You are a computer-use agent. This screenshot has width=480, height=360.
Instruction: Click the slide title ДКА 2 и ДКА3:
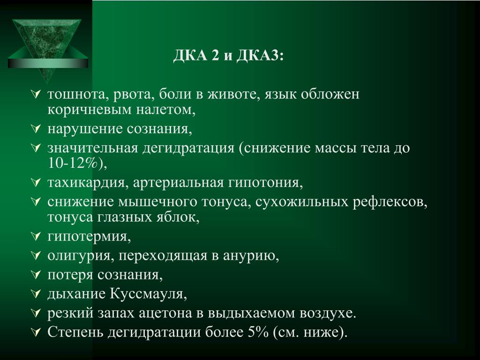click(x=228, y=56)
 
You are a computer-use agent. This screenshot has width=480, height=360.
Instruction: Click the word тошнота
click(x=76, y=94)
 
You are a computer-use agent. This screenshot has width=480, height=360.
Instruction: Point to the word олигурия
click(x=79, y=256)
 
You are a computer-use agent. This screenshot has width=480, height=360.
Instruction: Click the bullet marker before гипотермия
click(x=36, y=236)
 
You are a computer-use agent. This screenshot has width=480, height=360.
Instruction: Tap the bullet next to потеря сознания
click(x=36, y=274)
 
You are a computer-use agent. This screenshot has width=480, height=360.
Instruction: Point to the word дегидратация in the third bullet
click(x=188, y=149)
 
